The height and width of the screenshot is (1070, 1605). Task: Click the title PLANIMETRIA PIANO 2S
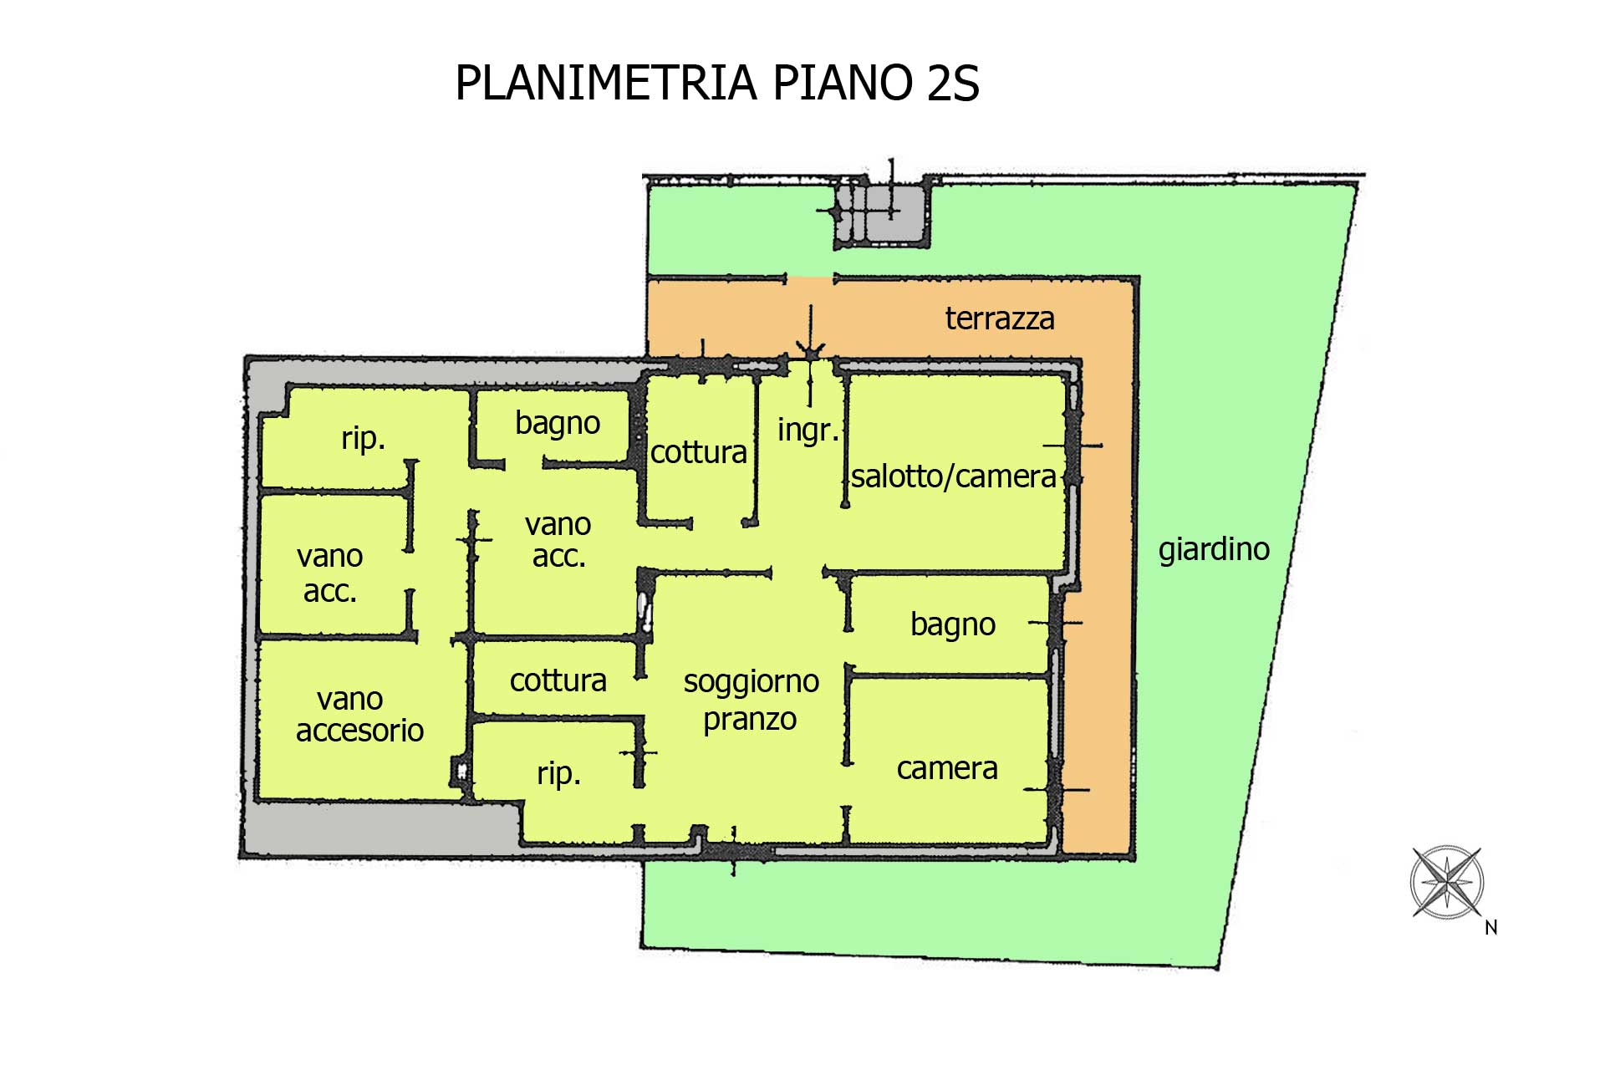click(716, 84)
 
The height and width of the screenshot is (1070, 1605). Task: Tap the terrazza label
click(999, 318)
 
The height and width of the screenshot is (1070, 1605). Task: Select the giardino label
click(1213, 549)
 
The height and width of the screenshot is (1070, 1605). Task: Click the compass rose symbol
click(1446, 882)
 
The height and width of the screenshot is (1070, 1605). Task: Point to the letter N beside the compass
click(1490, 927)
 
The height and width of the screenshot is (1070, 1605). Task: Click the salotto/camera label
click(953, 476)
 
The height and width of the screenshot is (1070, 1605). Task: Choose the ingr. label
click(808, 431)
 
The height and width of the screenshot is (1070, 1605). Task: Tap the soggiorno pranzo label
click(751, 700)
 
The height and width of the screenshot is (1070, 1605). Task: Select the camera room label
click(946, 768)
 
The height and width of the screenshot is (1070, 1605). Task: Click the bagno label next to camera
click(952, 624)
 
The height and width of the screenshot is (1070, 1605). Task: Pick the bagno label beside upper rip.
click(557, 423)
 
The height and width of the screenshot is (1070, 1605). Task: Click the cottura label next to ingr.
click(698, 452)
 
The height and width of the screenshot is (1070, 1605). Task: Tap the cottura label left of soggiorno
click(558, 680)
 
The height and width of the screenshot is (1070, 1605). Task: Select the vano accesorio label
click(359, 715)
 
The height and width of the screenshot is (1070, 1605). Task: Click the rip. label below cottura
click(558, 773)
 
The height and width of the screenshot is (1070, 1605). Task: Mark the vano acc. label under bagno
click(558, 540)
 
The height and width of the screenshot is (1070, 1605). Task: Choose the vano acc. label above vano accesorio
click(329, 573)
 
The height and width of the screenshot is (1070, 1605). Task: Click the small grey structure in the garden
click(883, 213)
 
